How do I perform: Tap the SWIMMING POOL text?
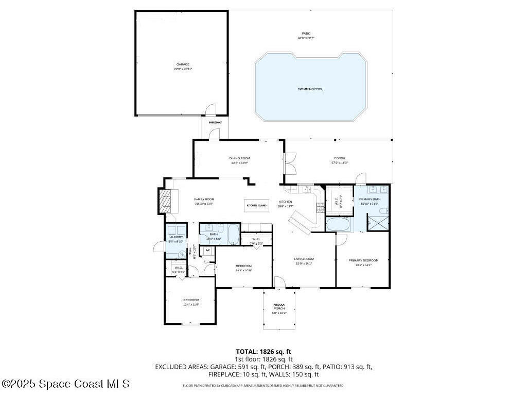(310, 89)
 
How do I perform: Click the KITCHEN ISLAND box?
(256, 205)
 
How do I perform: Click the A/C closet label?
(208, 251)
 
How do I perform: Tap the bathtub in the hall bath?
(233, 234)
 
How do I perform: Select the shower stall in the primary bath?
(378, 223)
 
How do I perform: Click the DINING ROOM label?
(239, 160)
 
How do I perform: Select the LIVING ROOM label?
(304, 261)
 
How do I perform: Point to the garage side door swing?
(210, 109)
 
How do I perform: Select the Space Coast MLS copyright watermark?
(65, 384)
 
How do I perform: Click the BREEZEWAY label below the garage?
(215, 122)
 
